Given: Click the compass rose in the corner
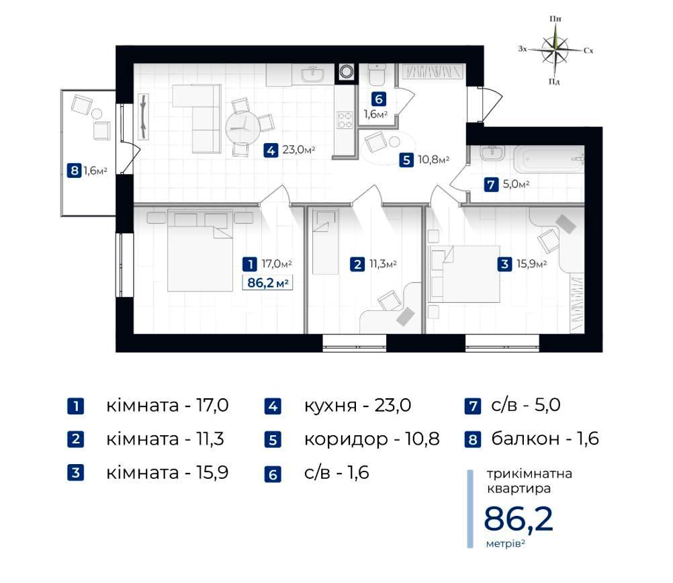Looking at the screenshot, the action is [555, 50].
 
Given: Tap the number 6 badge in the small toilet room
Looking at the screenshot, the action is [379, 99].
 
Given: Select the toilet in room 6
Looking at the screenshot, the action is [377, 75].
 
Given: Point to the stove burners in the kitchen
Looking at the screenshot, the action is [345, 120].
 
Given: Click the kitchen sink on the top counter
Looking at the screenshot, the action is [313, 75].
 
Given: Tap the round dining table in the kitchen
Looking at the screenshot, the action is [242, 128].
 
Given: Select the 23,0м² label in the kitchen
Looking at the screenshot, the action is [299, 150].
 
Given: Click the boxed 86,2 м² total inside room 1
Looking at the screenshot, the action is [267, 283].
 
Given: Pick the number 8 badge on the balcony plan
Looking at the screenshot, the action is [75, 171].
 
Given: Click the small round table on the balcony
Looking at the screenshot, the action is [97, 114].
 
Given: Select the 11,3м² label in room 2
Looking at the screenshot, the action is [383, 263].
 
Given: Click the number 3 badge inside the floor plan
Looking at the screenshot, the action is [505, 264].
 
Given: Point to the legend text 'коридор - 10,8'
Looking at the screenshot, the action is [371, 439].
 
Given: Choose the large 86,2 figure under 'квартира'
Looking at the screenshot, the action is [519, 519].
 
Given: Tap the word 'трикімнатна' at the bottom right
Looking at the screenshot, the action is [529, 474].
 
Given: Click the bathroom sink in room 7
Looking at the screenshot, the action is [493, 153].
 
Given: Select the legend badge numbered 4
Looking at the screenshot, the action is [273, 406].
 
